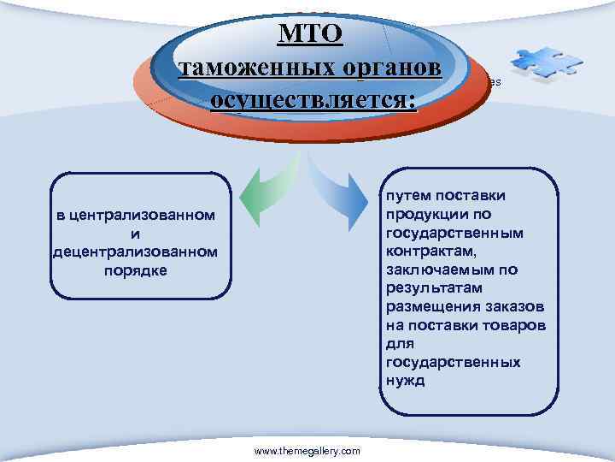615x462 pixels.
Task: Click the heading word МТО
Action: [310, 33]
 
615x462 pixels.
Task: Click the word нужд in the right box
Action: [404, 381]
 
